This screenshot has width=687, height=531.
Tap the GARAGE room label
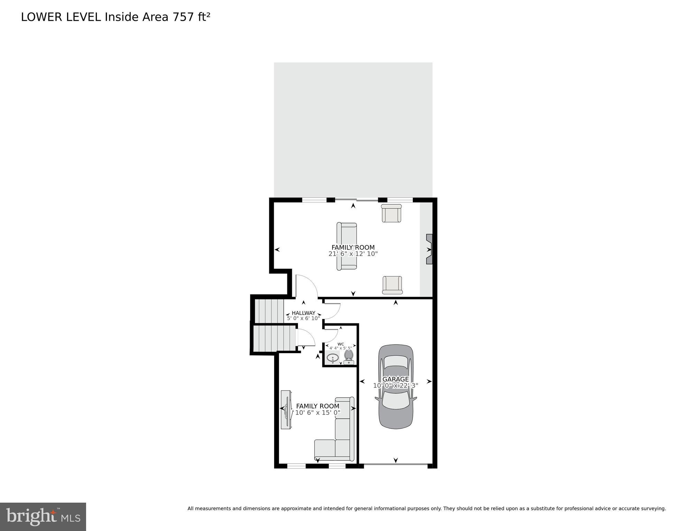click(396, 379)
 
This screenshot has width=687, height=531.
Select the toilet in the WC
click(349, 357)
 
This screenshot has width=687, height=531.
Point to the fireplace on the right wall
click(429, 249)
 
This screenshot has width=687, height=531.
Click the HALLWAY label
click(303, 313)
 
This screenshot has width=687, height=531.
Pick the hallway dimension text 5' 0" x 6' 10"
click(303, 318)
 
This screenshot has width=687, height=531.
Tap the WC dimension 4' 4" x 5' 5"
click(341, 348)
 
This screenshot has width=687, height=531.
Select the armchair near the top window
click(391, 213)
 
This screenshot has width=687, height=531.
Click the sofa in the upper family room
click(347, 246)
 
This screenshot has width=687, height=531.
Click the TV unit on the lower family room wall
click(286, 410)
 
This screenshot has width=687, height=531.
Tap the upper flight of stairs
click(269, 311)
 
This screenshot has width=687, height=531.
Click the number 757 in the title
click(183, 17)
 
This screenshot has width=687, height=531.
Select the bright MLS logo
click(43, 516)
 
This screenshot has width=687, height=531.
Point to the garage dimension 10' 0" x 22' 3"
click(396, 385)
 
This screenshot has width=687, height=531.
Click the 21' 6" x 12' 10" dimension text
click(353, 254)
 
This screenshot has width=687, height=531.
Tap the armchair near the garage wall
click(392, 285)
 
